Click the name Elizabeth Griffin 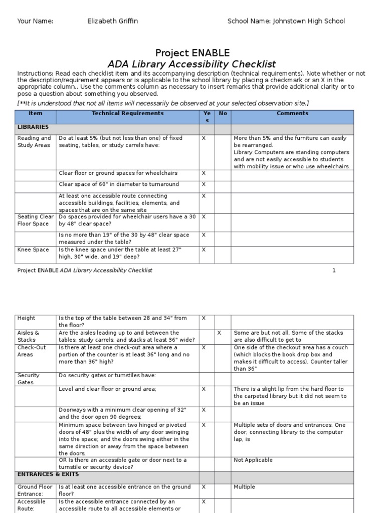[112, 21]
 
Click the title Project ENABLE [192, 53]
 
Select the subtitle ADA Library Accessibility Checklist [192, 64]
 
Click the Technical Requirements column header [127, 114]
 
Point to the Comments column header [292, 114]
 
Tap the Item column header [36, 114]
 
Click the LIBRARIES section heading [33, 127]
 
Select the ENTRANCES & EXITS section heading [48, 474]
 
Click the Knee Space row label [33, 249]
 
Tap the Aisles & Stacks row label [29, 336]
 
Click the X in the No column [219, 333]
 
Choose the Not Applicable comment [253, 460]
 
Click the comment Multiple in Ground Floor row [244, 487]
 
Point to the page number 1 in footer [333, 271]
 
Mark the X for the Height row [204, 318]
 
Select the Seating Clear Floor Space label [35, 220]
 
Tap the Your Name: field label [35, 21]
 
